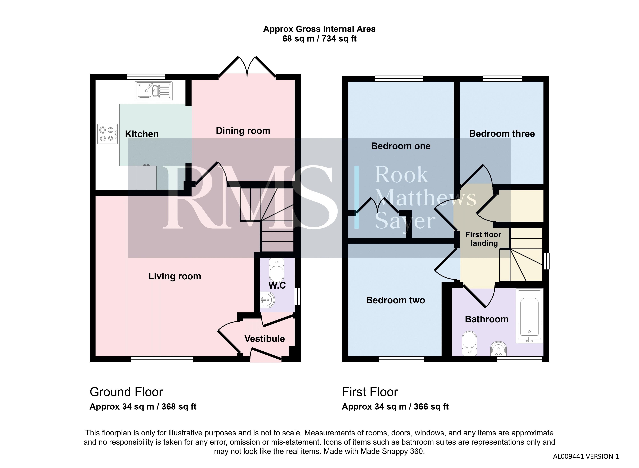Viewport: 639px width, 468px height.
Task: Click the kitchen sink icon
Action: click(x=154, y=91)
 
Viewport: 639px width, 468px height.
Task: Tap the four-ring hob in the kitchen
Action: click(x=107, y=134)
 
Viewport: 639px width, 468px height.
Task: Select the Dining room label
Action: click(x=243, y=131)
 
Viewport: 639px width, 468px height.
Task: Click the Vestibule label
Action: click(x=264, y=339)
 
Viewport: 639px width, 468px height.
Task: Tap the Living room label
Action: click(x=175, y=276)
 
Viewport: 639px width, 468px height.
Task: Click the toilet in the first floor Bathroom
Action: click(x=469, y=343)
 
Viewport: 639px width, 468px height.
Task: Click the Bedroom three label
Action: click(x=502, y=134)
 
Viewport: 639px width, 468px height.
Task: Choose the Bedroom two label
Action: click(x=395, y=300)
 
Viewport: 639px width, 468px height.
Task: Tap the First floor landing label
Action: click(x=483, y=239)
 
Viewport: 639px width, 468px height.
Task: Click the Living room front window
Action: click(x=162, y=359)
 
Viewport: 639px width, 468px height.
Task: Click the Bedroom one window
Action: click(x=399, y=78)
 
